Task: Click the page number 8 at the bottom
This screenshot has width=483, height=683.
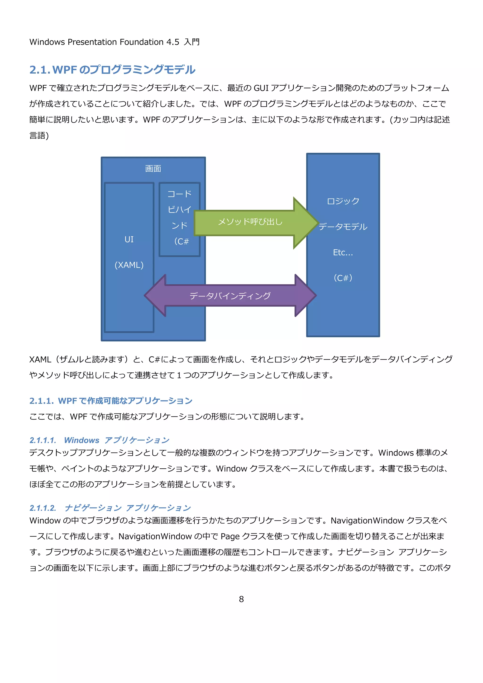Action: tap(241, 599)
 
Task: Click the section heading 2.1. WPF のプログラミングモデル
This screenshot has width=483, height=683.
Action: tap(112, 70)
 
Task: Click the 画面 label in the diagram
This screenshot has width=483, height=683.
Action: tap(153, 169)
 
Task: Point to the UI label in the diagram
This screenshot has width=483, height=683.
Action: tap(129, 239)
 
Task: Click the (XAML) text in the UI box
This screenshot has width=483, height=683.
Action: tap(129, 265)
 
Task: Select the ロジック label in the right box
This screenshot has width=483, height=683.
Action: tap(343, 201)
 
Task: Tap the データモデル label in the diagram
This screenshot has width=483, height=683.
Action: tap(343, 227)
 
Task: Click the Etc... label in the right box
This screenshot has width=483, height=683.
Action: tap(343, 253)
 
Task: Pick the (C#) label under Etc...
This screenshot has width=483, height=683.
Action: tap(343, 278)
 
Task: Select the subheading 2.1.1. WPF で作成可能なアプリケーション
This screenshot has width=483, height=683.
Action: tap(111, 401)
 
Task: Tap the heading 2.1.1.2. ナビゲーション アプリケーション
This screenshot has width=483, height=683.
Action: tap(110, 508)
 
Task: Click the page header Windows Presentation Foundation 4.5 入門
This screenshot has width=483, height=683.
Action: tap(115, 42)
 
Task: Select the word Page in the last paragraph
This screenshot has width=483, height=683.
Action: tap(230, 536)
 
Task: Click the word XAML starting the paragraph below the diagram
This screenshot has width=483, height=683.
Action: tap(40, 360)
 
